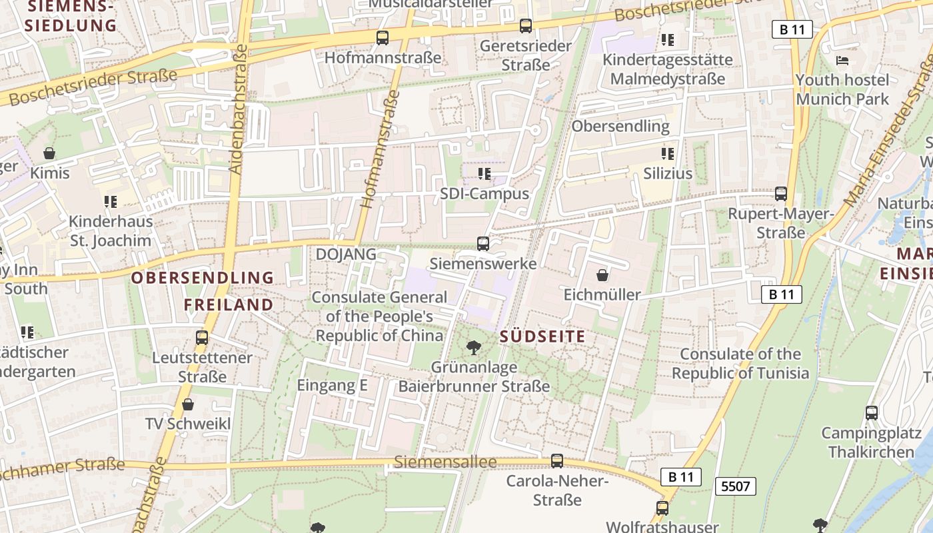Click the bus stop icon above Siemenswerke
483,244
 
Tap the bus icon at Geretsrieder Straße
526,26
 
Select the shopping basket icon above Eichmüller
602,275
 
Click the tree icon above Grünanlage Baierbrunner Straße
474,347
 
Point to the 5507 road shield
736,486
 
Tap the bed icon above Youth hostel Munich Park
842,61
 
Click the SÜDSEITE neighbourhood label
542,336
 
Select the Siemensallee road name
445,462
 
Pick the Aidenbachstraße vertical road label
238,110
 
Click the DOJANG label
346,254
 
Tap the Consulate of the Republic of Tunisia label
740,363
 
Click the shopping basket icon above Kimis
49,153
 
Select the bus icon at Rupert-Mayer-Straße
781,194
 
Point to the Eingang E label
332,385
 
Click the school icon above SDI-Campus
484,174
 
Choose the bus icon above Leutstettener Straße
202,338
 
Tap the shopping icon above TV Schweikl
188,404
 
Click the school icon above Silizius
668,154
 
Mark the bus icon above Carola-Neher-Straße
557,460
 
